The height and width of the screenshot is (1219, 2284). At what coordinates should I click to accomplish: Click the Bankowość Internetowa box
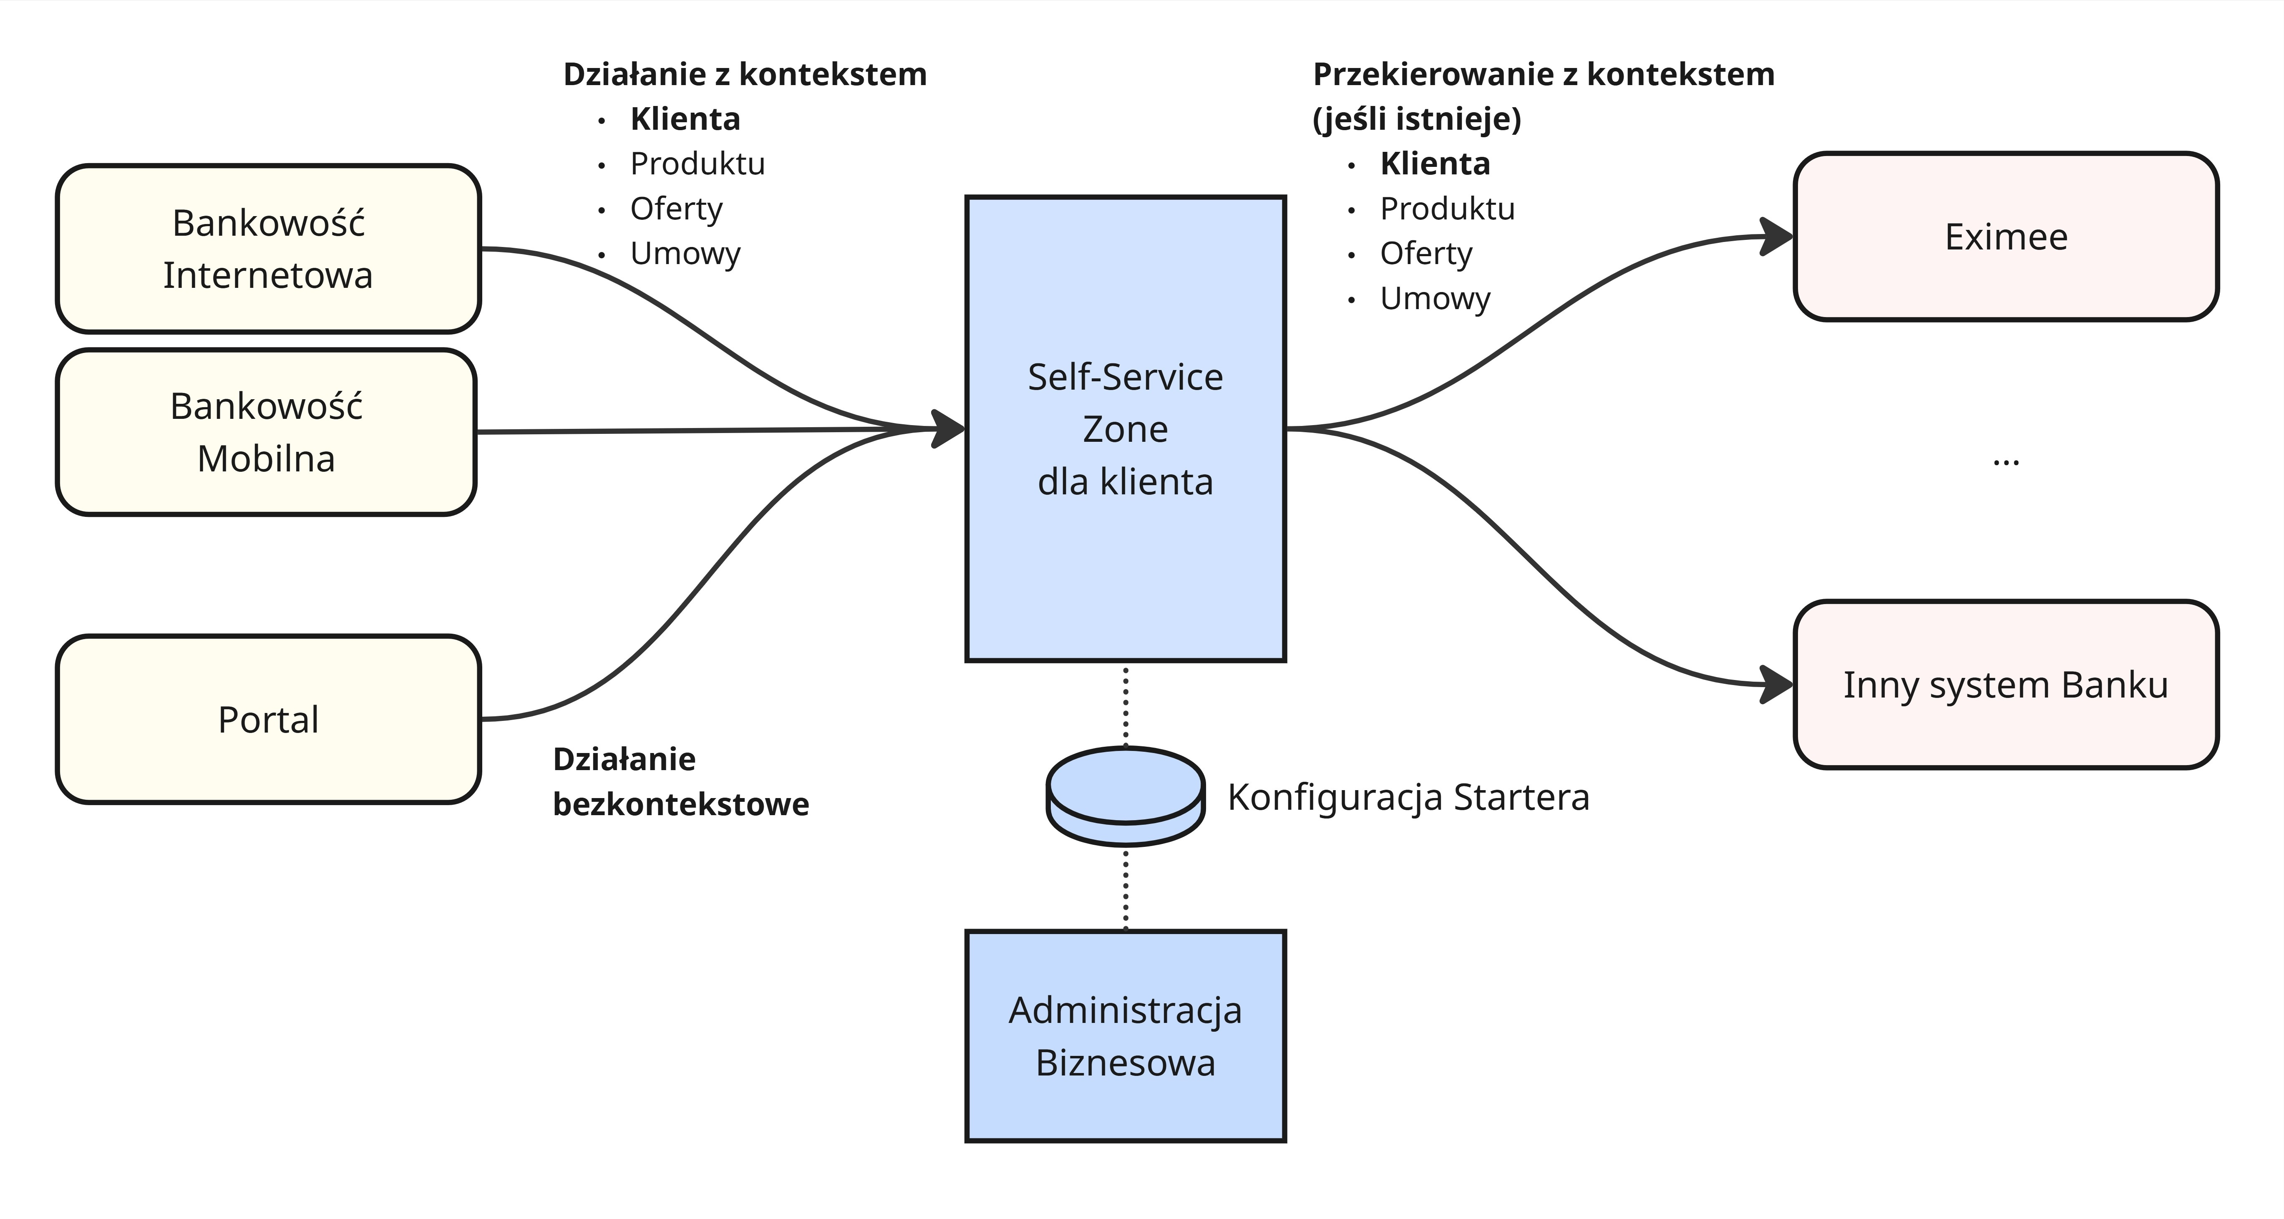(x=268, y=249)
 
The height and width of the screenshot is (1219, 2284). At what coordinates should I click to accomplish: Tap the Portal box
(x=268, y=719)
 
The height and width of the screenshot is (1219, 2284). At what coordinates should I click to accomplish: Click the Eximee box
(x=2006, y=237)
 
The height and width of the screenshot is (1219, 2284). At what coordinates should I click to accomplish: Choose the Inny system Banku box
(x=2006, y=685)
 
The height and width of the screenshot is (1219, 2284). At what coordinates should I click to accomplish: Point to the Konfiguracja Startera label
(x=1408, y=797)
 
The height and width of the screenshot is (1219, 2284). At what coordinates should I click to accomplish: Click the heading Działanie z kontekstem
(x=745, y=75)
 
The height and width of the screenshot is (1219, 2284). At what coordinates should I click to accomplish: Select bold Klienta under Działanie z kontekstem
(x=685, y=119)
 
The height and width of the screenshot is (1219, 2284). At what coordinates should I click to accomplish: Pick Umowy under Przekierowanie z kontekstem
(x=1435, y=299)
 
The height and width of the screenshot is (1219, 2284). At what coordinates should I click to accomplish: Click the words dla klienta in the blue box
(x=1125, y=481)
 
